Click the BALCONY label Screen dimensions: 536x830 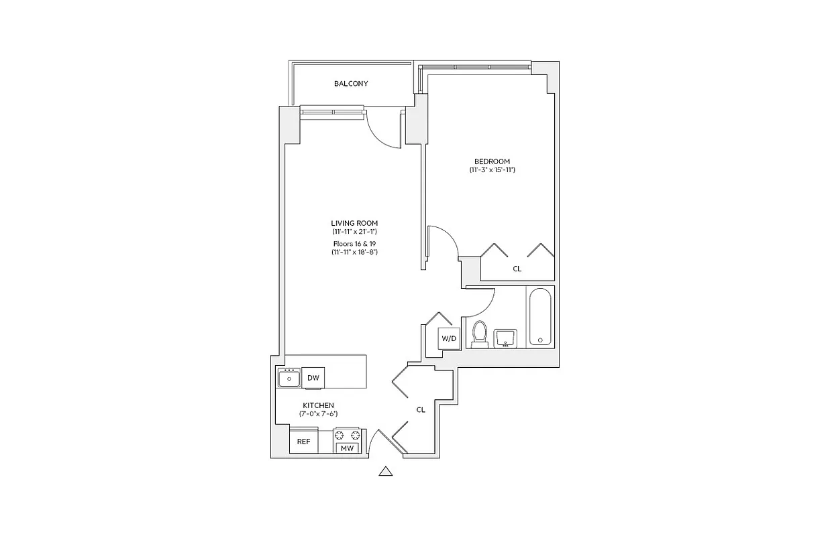coord(351,84)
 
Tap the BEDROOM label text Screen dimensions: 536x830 coord(492,161)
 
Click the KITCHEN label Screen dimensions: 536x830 coord(318,405)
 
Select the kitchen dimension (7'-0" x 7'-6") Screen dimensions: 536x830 coord(318,414)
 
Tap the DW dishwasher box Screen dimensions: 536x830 coord(313,378)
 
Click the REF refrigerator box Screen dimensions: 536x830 coord(304,442)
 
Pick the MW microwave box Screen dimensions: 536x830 coord(347,448)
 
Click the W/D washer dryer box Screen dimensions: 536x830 coord(448,338)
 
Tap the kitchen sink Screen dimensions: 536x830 coord(289,379)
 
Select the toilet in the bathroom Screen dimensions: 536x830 coord(479,334)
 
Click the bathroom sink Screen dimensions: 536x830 coord(504,338)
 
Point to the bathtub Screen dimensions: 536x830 coord(540,317)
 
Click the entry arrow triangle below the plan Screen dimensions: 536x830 coord(385,472)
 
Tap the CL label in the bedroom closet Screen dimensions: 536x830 coord(517,269)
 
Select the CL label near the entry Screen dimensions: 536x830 coord(421,409)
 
